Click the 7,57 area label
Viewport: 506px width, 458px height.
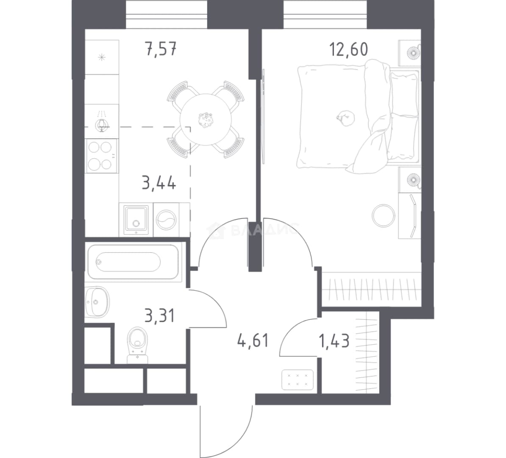pyautogui.click(x=161, y=50)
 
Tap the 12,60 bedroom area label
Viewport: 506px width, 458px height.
pyautogui.click(x=348, y=50)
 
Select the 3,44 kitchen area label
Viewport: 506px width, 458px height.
pyautogui.click(x=159, y=183)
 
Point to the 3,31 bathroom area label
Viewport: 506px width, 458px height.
pyautogui.click(x=159, y=316)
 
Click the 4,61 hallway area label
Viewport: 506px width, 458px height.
pyautogui.click(x=253, y=341)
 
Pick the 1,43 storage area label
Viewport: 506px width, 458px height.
pyautogui.click(x=334, y=341)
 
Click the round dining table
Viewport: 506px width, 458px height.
pyautogui.click(x=206, y=120)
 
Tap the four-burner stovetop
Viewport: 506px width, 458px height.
pyautogui.click(x=101, y=156)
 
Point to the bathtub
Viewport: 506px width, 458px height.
pyautogui.click(x=133, y=262)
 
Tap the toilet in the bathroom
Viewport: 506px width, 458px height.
pyautogui.click(x=137, y=345)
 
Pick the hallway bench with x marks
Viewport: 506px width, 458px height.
pyautogui.click(x=297, y=380)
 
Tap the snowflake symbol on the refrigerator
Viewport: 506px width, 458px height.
pyautogui.click(x=102, y=58)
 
